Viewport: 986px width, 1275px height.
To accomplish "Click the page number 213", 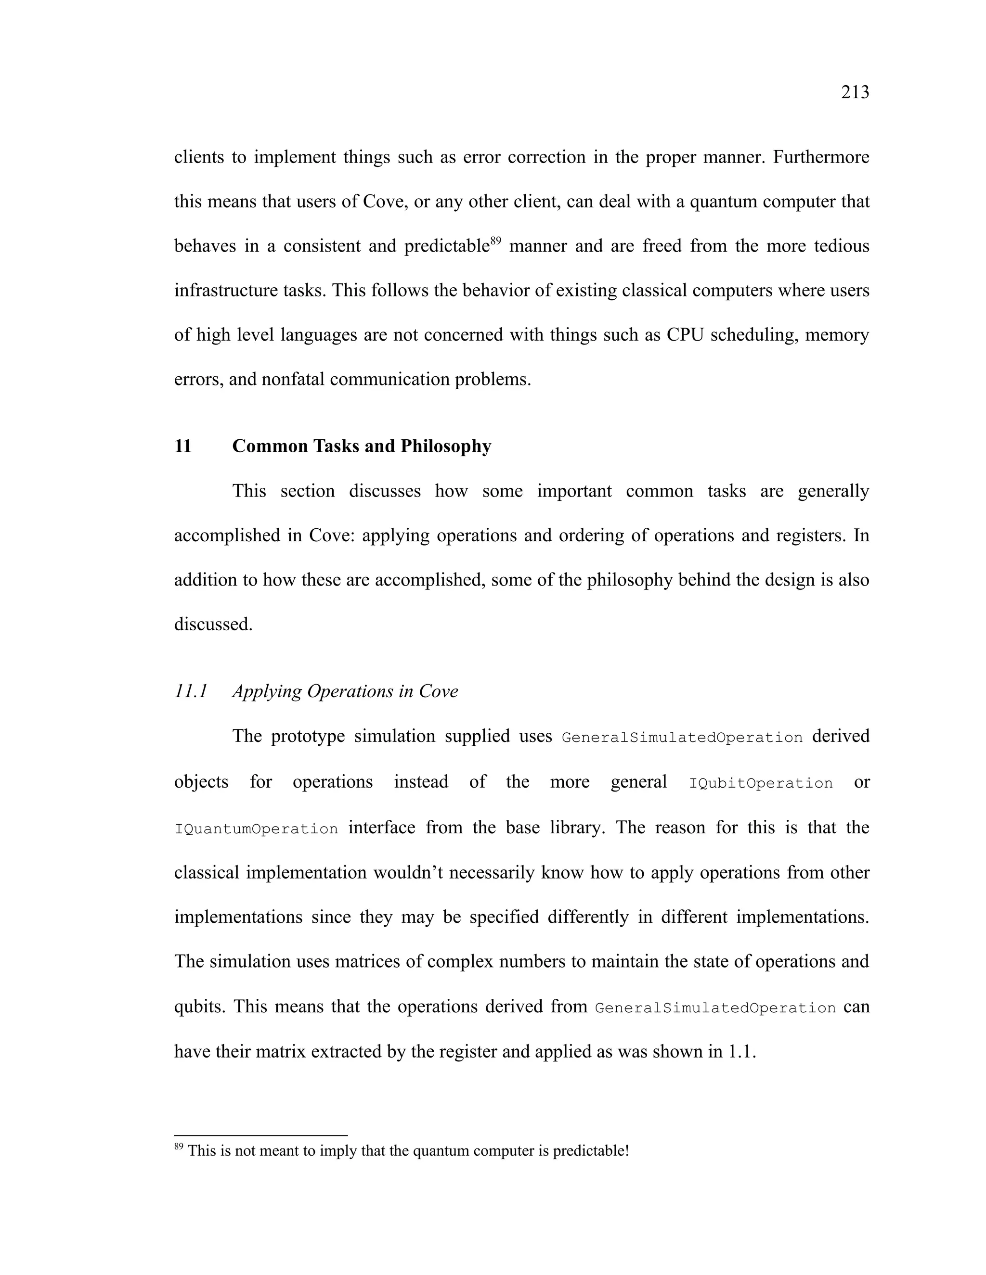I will pyautogui.click(x=855, y=92).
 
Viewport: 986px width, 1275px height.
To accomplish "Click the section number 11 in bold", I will pyautogui.click(x=183, y=446).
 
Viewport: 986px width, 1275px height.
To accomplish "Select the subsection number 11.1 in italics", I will pyautogui.click(x=191, y=691).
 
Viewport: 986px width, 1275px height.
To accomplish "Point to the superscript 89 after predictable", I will pyautogui.click(x=495, y=240).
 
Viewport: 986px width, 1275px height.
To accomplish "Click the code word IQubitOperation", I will pyautogui.click(x=761, y=783).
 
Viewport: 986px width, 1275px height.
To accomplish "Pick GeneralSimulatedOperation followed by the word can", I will pyautogui.click(x=715, y=1008).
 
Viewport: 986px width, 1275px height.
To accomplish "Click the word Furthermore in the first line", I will pyautogui.click(x=821, y=157).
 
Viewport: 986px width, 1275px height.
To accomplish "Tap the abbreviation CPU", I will pyautogui.click(x=685, y=335).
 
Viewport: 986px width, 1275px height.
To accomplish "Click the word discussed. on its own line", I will pyautogui.click(x=213, y=624).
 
